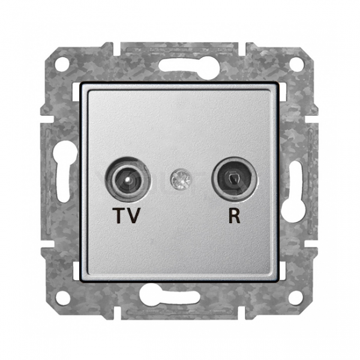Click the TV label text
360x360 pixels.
(127, 215)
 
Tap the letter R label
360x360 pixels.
(234, 215)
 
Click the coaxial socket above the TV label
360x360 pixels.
(128, 179)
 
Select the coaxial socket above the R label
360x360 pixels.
(234, 179)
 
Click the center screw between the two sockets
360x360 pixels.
(181, 179)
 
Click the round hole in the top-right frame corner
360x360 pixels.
(296, 62)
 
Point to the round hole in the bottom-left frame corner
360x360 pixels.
(62, 298)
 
